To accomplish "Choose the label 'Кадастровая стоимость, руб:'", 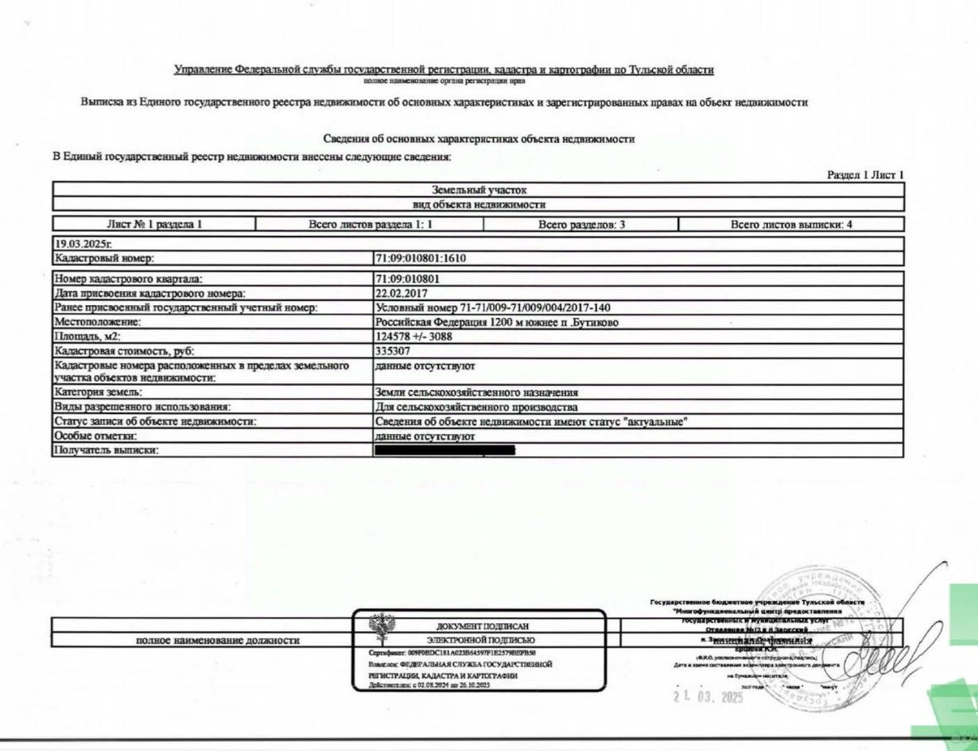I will (x=124, y=350).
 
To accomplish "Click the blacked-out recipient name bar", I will (x=445, y=451).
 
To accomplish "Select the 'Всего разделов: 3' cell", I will (x=581, y=224).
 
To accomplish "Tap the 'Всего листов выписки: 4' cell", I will (x=790, y=224).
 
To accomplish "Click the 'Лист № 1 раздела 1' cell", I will (x=154, y=224).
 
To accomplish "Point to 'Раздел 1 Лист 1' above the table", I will (x=865, y=175).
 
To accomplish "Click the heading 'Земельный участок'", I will (x=479, y=191).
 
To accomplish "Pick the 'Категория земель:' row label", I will (x=98, y=393).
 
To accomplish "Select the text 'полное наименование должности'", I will (x=218, y=640).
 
